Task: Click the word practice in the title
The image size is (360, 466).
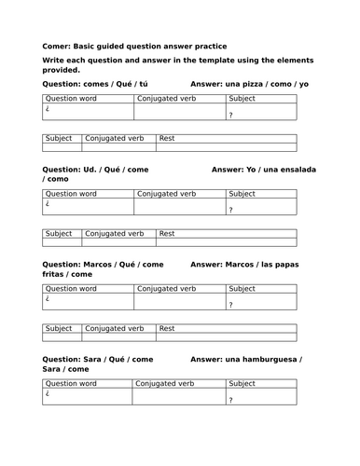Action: (205, 46)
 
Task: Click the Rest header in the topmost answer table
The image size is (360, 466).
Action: (168, 138)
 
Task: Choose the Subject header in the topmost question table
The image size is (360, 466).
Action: (242, 98)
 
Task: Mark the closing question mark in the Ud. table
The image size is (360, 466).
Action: (230, 211)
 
